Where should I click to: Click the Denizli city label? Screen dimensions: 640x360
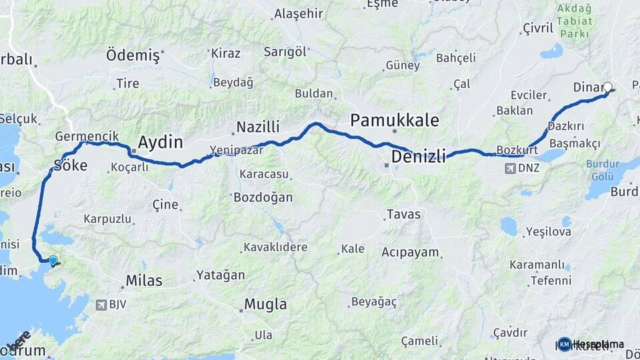coord(418,157)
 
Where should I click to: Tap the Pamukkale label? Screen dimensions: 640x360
coord(395,120)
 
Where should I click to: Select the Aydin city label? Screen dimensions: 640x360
coord(160,141)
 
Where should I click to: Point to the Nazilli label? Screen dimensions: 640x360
coord(259,127)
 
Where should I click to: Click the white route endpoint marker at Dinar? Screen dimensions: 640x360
coord(607,87)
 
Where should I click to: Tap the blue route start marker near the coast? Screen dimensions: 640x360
coord(53,261)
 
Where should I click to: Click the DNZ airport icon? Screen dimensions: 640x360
coord(510,168)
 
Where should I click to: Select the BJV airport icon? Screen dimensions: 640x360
coord(101,305)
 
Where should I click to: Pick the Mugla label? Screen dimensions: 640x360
coord(265,305)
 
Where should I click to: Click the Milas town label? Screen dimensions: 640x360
coord(144,281)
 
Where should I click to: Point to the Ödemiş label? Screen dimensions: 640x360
coord(133,55)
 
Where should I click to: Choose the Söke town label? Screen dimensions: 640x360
coord(70,165)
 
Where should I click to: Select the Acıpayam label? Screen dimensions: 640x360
coord(411,252)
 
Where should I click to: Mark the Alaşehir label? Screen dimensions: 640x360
coord(299,13)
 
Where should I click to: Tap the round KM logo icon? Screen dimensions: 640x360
coord(565,344)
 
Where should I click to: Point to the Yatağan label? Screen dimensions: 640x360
coord(221,275)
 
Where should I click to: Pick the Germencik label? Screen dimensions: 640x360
coord(87,136)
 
